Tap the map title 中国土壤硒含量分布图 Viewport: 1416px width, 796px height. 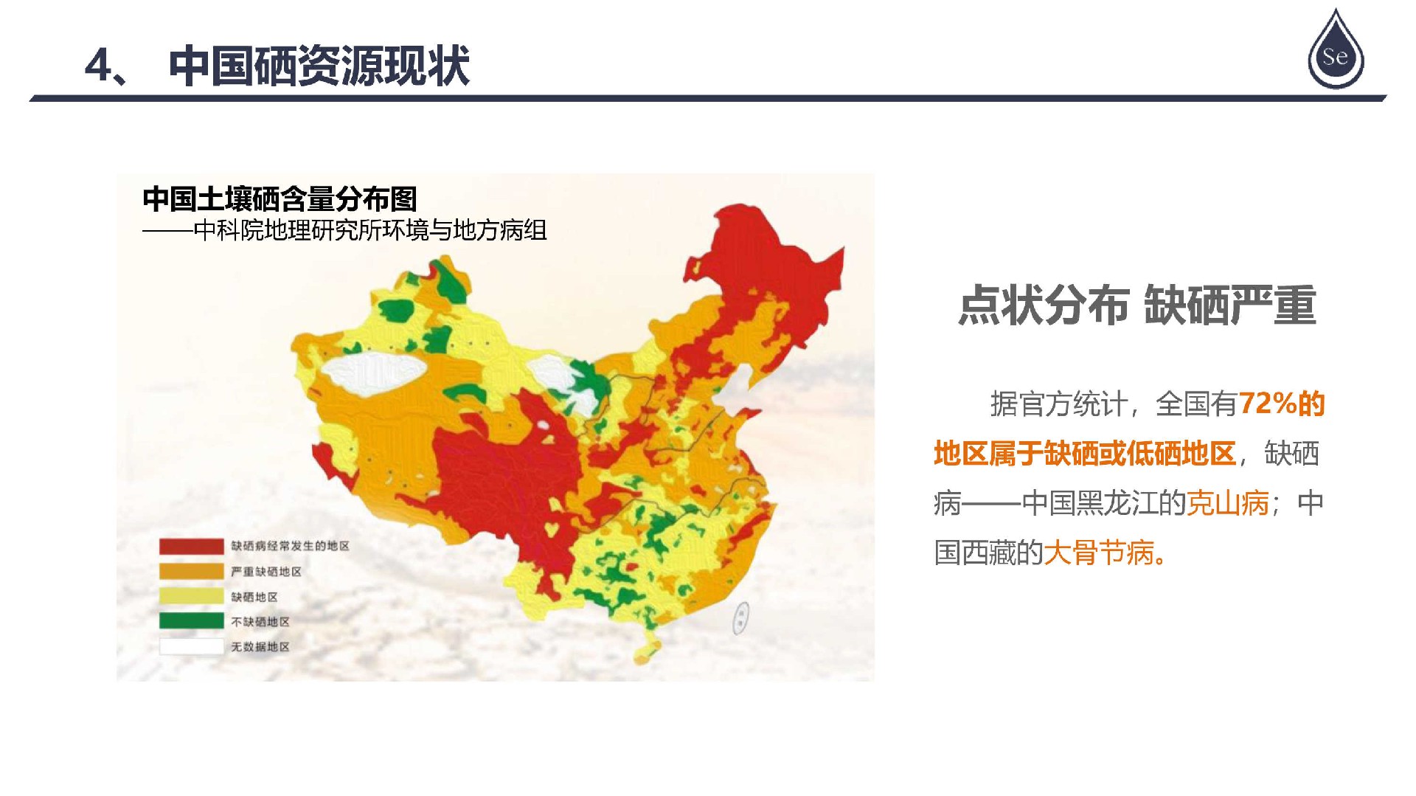280,198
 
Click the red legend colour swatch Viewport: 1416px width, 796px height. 191,546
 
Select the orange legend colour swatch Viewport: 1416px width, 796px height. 191,572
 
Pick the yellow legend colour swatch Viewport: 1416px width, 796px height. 191,597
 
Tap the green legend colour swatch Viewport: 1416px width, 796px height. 191,621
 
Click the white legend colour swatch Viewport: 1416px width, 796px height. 191,646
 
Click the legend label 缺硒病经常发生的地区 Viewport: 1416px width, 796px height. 290,546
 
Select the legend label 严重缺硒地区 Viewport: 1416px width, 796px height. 266,572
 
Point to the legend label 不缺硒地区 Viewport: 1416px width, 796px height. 260,622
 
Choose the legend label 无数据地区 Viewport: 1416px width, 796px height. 260,647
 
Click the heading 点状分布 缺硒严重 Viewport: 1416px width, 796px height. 1137,305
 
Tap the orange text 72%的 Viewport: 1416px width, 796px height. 1282,404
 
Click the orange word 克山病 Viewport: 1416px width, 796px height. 1227,503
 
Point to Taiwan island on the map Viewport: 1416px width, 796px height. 740,618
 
